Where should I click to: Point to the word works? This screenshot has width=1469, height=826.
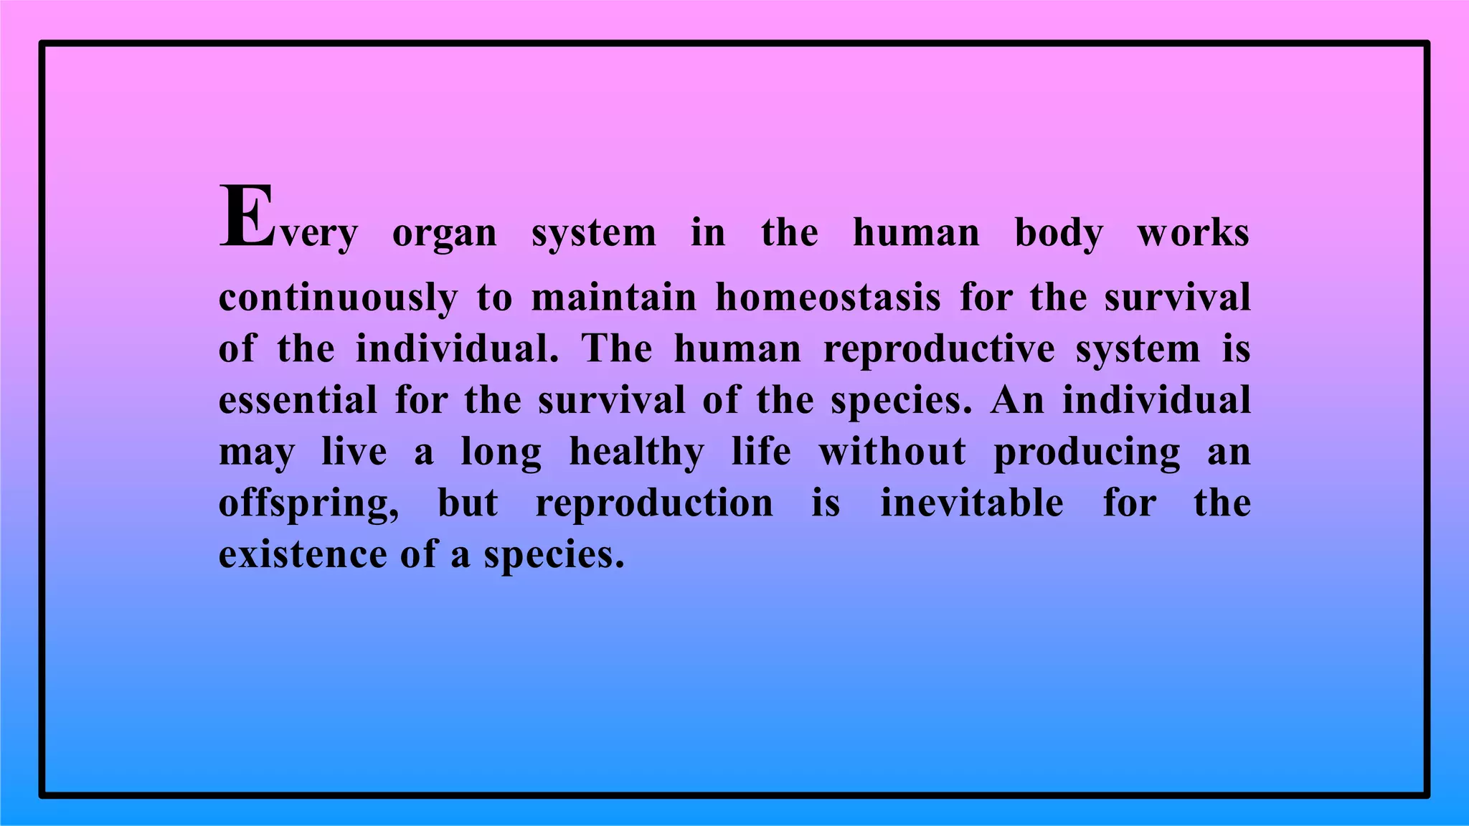(1194, 233)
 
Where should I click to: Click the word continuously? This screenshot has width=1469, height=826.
(338, 298)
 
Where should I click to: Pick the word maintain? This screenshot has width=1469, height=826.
(614, 297)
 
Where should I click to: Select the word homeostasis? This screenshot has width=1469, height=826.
(828, 297)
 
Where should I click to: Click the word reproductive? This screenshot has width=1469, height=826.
(939, 350)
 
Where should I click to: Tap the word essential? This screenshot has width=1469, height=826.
(298, 400)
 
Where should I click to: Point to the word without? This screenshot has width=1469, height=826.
(893, 452)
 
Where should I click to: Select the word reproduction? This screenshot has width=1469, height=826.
(655, 503)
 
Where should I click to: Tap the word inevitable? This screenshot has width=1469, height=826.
(972, 503)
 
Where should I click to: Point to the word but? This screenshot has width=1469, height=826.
(468, 503)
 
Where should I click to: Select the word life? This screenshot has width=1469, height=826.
(761, 452)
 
